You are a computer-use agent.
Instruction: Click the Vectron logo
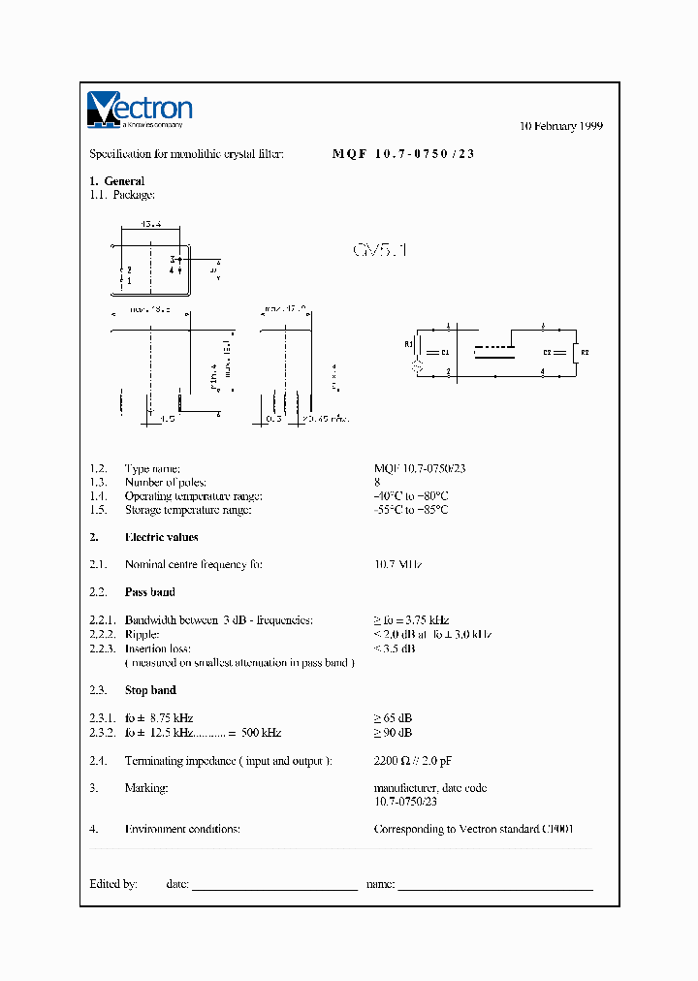(140, 110)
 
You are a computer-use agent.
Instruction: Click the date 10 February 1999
(561, 126)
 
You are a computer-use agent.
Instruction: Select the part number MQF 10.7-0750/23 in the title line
(403, 154)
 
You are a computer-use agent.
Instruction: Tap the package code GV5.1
(380, 250)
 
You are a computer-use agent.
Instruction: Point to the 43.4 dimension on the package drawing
(151, 225)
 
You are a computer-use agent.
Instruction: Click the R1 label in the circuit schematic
(408, 343)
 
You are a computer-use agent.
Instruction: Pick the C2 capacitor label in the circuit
(547, 351)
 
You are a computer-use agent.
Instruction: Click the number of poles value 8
(377, 482)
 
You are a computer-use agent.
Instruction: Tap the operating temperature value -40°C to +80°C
(411, 496)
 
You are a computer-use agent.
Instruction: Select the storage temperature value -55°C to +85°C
(411, 510)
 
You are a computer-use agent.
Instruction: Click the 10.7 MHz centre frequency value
(398, 564)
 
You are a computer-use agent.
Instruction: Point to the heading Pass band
(149, 591)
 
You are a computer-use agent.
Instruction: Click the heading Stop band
(150, 690)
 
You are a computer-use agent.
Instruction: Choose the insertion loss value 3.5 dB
(395, 649)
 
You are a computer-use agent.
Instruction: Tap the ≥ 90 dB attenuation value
(393, 733)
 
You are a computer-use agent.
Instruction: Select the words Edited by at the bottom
(113, 884)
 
